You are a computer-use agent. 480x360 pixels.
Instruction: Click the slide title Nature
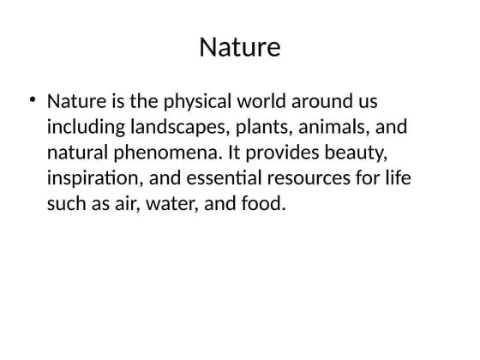[239, 47]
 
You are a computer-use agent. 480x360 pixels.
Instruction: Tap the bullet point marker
[32, 100]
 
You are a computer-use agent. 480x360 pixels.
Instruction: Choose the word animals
[333, 128]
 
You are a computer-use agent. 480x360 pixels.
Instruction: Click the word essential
[228, 179]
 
